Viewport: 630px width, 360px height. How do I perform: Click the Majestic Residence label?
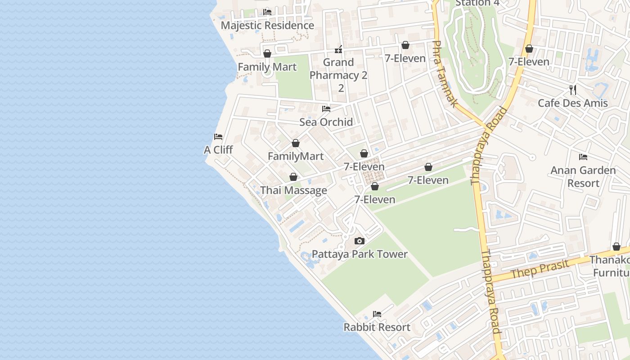point(267,25)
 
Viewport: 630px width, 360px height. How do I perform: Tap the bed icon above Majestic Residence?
point(267,12)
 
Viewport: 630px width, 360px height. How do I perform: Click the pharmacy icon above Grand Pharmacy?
point(338,49)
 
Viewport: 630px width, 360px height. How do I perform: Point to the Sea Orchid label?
point(326,122)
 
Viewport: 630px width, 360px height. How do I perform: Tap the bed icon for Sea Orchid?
point(326,109)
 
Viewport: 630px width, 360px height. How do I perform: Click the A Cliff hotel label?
point(218,150)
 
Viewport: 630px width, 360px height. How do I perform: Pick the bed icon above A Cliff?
point(218,137)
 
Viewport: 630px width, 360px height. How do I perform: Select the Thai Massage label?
point(293,190)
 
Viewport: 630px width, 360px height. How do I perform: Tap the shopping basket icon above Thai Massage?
point(293,177)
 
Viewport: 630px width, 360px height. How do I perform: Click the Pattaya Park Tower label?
point(360,254)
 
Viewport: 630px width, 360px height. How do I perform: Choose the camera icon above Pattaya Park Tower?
point(359,241)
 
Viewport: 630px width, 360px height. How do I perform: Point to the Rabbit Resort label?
point(377,327)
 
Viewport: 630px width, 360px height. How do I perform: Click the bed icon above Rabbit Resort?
point(377,314)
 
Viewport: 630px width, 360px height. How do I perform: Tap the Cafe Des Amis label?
point(573,103)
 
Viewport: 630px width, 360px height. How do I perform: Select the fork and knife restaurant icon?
point(573,90)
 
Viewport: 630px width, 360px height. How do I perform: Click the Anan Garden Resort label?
point(583,176)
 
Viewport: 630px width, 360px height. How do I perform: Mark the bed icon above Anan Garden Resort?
point(583,157)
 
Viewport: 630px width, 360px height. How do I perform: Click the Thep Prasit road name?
point(534,269)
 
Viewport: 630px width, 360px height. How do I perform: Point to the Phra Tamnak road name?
point(444,74)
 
